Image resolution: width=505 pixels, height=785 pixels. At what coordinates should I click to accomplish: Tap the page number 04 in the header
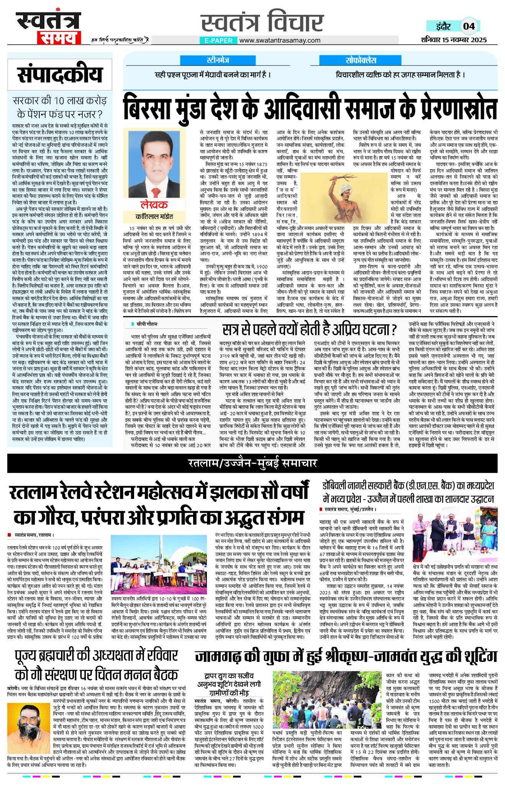469,26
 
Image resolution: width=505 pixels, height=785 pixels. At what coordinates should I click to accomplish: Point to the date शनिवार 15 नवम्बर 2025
454,39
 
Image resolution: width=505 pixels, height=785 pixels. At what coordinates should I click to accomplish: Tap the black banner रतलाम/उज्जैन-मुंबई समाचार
252,463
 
